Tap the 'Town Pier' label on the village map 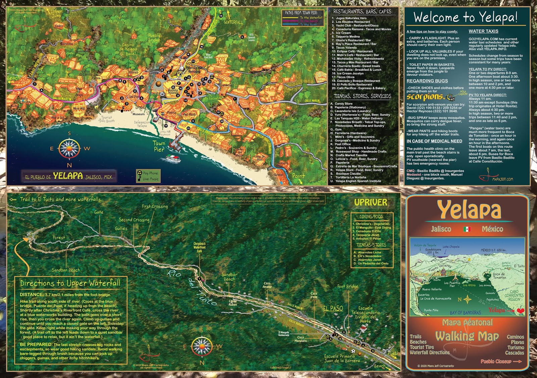click(159, 146)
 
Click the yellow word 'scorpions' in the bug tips click(425, 97)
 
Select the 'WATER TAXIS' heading click(483, 31)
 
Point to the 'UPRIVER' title click(371, 202)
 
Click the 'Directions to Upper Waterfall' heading click(70, 283)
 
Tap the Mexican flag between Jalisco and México click(467, 229)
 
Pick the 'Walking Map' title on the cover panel click(467, 336)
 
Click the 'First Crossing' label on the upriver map click(154, 206)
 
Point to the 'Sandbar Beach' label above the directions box click(65, 270)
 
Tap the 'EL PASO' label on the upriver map click(333, 308)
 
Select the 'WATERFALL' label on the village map click(233, 22)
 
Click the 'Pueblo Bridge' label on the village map click(154, 38)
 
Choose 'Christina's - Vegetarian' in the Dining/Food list click(372, 224)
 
